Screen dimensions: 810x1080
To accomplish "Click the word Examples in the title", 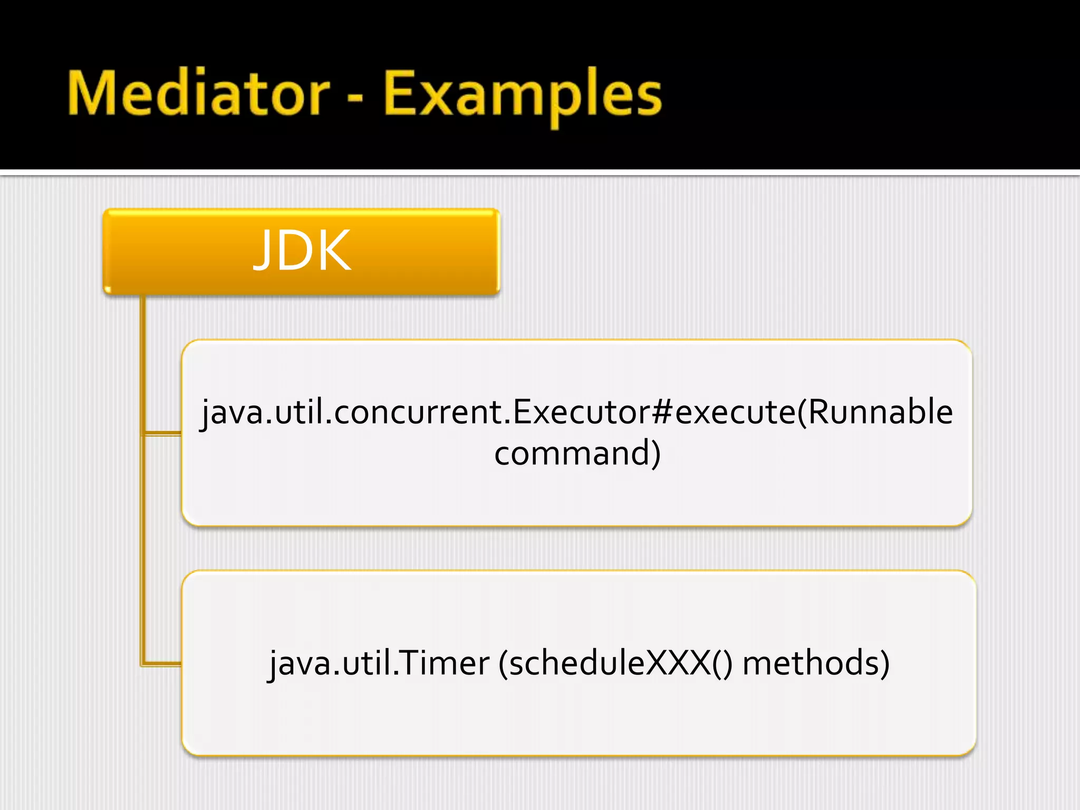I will [x=522, y=95].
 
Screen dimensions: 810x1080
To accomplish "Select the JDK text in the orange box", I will [x=302, y=251].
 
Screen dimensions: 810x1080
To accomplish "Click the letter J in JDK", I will [x=265, y=251].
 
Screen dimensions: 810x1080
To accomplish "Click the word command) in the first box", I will [x=577, y=453].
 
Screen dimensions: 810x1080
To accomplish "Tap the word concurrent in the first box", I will [x=419, y=412].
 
